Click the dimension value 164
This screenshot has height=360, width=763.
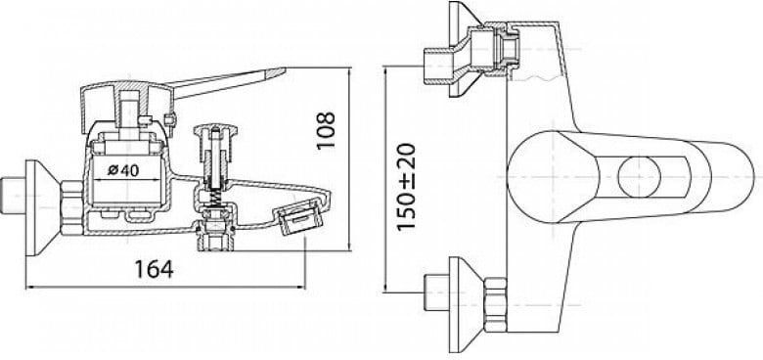pyautogui.click(x=154, y=269)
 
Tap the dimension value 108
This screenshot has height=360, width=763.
pyautogui.click(x=326, y=131)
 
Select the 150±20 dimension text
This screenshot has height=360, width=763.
pyautogui.click(x=406, y=187)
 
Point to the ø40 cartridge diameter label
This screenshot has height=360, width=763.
pyautogui.click(x=123, y=170)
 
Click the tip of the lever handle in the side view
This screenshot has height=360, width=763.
pyautogui.click(x=285, y=71)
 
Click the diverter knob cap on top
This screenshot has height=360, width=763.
pyautogui.click(x=215, y=130)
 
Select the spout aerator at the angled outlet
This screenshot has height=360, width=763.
pyautogui.click(x=297, y=218)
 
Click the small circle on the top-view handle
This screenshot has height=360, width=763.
pyautogui.click(x=639, y=177)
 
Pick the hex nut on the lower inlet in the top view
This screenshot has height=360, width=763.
pyautogui.click(x=495, y=304)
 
